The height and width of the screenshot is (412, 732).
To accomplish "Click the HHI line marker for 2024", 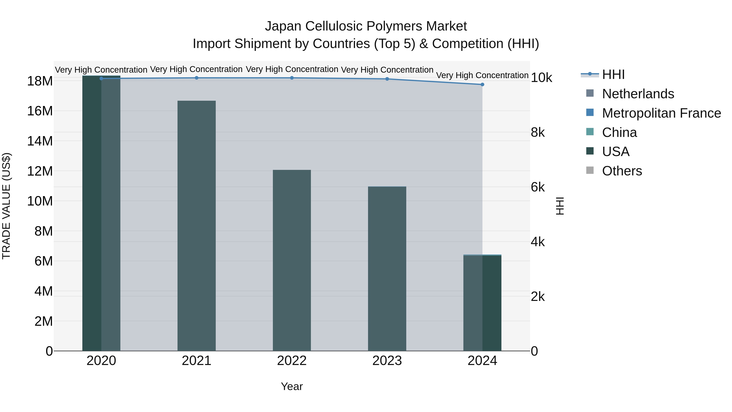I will point(482,84).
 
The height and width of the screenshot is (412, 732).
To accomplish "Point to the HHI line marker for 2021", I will point(196,78).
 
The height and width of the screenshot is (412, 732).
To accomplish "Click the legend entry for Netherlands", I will point(638,94).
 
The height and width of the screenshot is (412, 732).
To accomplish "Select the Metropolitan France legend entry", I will point(661,113).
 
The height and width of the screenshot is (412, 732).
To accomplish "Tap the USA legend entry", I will point(615,152).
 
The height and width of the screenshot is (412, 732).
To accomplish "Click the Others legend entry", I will point(622,171).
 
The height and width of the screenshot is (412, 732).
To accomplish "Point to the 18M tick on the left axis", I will point(40,81).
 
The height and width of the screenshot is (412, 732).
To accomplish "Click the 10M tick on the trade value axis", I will point(40,201).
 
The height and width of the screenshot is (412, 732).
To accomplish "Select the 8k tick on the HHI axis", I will point(538,132).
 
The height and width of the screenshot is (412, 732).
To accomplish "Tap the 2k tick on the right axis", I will point(538,297).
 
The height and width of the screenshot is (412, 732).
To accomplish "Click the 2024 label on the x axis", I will point(482,361).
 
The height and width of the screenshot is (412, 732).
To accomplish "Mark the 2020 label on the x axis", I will point(101,361).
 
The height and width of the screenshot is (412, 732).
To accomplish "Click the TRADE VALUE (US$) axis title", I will point(6,206).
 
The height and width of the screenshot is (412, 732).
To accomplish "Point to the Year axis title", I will point(292,386).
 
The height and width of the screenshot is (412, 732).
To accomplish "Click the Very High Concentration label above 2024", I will point(482,75).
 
